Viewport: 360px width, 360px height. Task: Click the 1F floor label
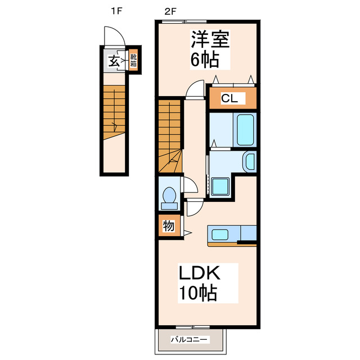(x=116, y=11)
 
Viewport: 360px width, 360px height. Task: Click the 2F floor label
(x=170, y=11)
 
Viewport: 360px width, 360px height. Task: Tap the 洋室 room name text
(x=210, y=39)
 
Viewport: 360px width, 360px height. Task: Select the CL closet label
(x=229, y=98)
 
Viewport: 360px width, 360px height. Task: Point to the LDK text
(x=200, y=272)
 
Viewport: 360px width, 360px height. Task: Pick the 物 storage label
(x=169, y=226)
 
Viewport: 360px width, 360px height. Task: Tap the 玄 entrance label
(x=114, y=61)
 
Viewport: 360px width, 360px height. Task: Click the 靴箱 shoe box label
(x=133, y=60)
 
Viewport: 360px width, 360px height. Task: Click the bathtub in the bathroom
(x=245, y=130)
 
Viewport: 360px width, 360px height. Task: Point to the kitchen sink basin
(x=220, y=234)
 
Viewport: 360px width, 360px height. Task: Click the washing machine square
(x=220, y=186)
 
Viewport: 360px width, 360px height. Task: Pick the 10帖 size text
(x=198, y=293)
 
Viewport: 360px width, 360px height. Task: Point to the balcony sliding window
(x=192, y=327)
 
